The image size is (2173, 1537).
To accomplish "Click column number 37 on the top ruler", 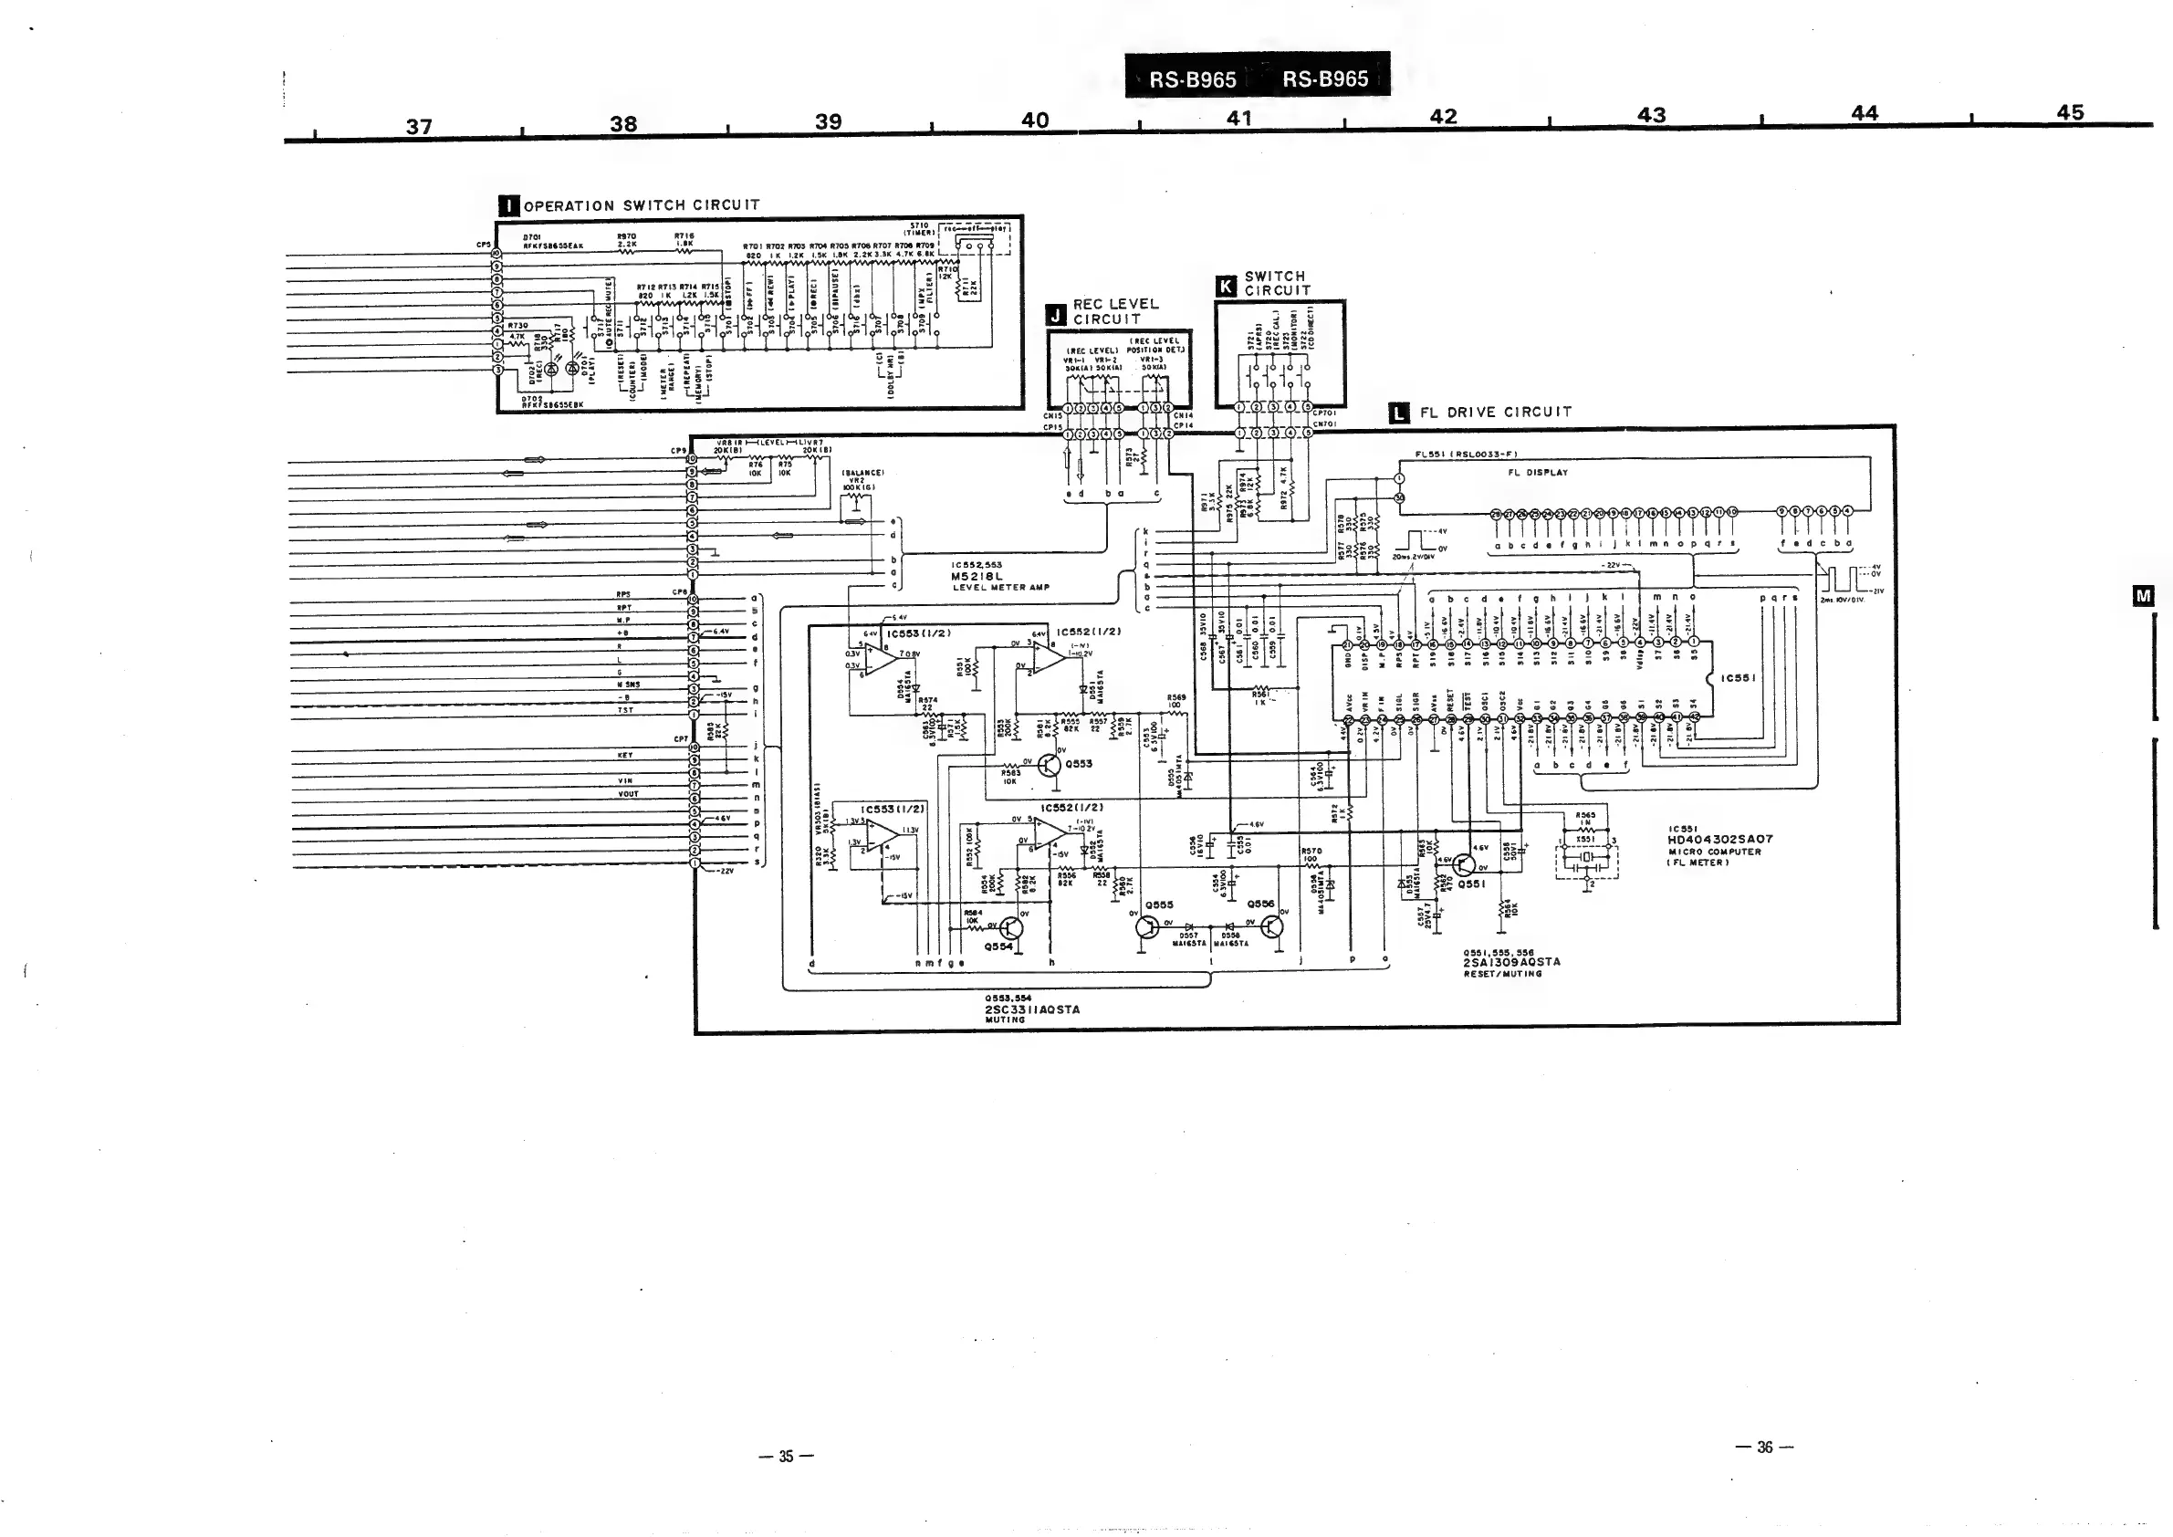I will click(419, 126).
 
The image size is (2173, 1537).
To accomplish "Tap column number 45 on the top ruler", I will click(2070, 111).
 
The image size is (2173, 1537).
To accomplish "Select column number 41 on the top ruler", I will click(1238, 119).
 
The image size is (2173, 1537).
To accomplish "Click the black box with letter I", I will click(509, 205).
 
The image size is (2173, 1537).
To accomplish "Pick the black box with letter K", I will click(1227, 286).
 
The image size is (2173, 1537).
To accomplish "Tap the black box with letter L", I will click(1399, 413).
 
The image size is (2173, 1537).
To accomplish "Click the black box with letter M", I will click(2144, 595).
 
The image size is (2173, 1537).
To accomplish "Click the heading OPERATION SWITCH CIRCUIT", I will click(642, 205).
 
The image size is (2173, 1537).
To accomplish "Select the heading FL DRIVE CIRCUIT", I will click(1495, 413).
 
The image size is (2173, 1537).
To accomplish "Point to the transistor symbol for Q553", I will click(1049, 765).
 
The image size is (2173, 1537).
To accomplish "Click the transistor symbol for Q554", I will click(1011, 929).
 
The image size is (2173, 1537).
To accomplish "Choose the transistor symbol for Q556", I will click(1272, 925).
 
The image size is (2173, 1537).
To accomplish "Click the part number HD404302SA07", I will click(1720, 839).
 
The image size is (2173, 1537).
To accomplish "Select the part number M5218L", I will click(977, 575).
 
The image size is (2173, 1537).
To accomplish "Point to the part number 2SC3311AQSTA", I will click(1031, 1009).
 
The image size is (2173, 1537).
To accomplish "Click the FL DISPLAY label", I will click(1538, 472).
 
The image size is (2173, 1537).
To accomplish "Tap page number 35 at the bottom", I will click(787, 1457).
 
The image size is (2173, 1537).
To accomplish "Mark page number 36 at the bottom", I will click(1765, 1447).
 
